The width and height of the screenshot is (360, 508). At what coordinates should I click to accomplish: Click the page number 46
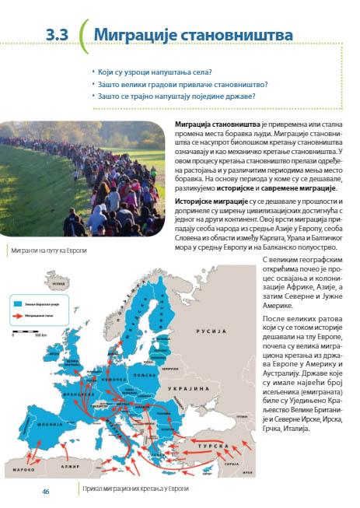(46, 491)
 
